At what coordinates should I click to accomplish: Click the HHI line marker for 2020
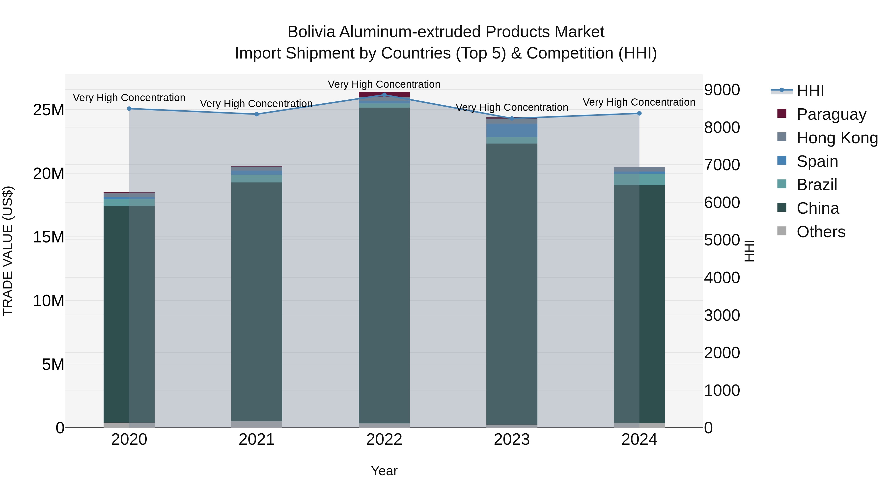click(x=129, y=108)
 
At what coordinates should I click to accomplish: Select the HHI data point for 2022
click(x=384, y=95)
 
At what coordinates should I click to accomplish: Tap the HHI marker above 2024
click(x=639, y=113)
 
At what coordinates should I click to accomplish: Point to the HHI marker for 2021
click(x=257, y=114)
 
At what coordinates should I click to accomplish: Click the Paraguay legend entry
click(x=831, y=114)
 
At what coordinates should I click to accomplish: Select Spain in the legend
click(x=817, y=161)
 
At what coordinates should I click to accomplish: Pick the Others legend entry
click(x=821, y=232)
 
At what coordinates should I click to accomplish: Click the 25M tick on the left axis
click(x=49, y=110)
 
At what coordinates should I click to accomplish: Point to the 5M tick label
click(x=53, y=364)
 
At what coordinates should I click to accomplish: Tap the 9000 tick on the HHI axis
click(x=722, y=90)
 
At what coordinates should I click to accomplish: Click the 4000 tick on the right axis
click(x=722, y=278)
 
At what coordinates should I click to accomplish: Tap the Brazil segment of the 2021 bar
click(x=257, y=178)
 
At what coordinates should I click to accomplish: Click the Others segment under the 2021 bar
click(x=257, y=424)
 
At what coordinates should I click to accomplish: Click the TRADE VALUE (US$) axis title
click(x=8, y=251)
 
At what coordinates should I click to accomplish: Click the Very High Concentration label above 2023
click(x=512, y=107)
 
